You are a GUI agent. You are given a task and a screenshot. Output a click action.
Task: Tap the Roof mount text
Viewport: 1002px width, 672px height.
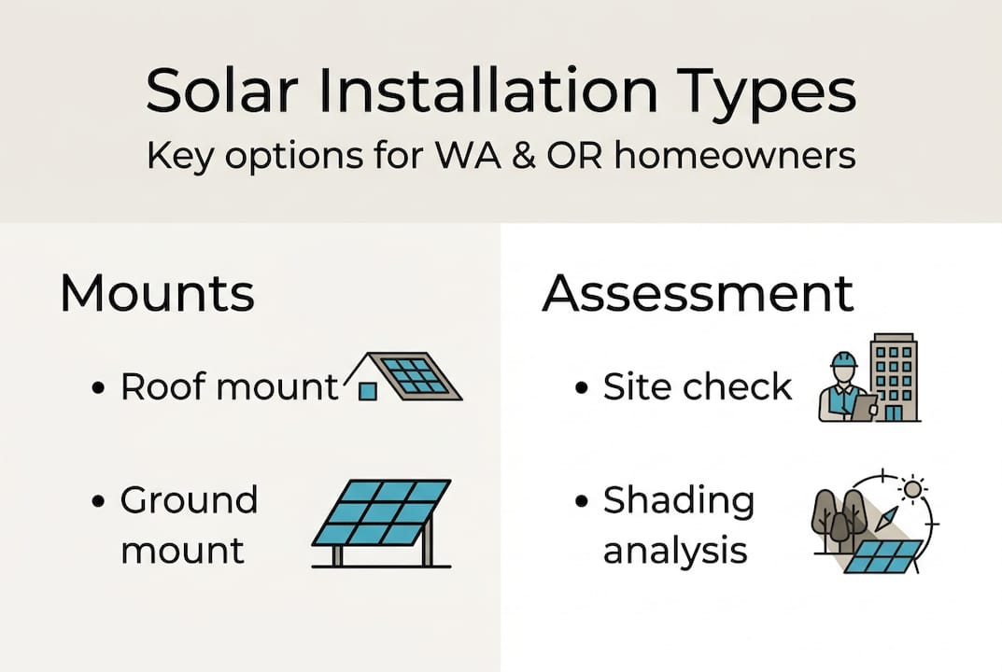point(230,386)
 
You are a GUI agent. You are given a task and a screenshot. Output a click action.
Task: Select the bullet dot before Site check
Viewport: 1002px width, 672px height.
point(583,387)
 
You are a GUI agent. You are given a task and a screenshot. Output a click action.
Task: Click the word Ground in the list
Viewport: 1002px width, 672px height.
point(190,500)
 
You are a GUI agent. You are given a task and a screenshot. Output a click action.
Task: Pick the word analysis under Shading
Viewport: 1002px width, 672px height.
point(675,551)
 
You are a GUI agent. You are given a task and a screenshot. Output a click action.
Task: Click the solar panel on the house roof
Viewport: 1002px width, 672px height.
point(416,376)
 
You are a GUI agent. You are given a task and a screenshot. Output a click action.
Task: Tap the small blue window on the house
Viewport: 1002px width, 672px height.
point(368,391)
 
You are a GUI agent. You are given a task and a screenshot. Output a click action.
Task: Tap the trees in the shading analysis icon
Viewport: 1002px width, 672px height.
point(838,519)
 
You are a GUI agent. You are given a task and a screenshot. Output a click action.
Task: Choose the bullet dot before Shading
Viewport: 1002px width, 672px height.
point(583,501)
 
